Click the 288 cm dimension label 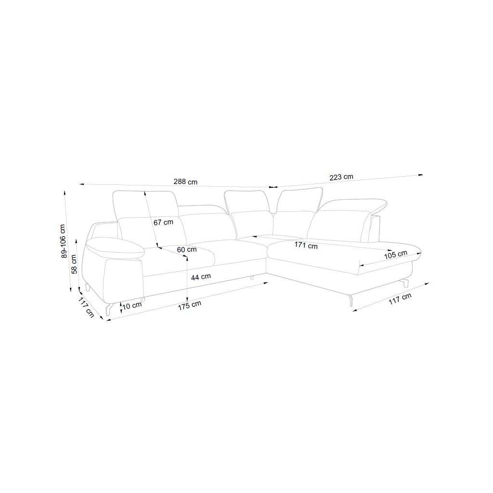(185, 182)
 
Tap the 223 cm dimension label (341, 177)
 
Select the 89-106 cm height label (64, 242)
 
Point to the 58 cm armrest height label (74, 264)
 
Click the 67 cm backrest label (163, 222)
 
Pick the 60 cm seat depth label (187, 250)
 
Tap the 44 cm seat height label (201, 277)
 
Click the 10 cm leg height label (132, 305)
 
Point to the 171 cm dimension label (306, 245)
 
